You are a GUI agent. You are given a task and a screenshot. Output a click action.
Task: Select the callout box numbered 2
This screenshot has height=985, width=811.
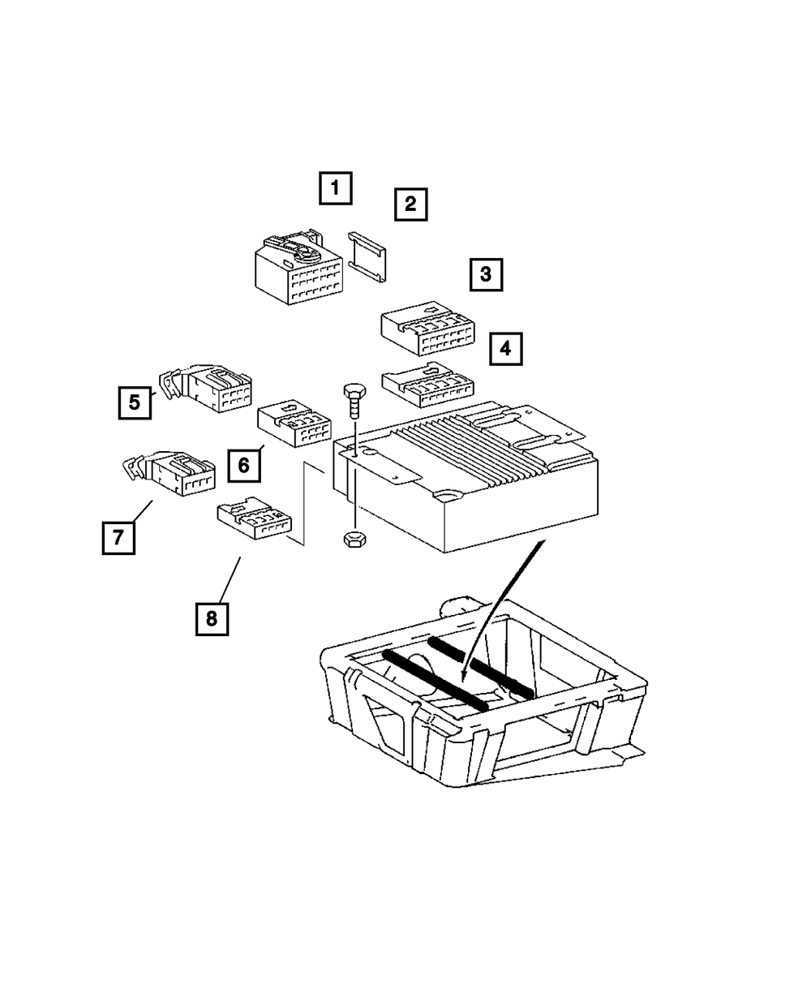pyautogui.click(x=410, y=204)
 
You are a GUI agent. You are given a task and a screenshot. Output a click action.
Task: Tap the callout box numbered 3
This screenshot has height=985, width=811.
pyautogui.click(x=485, y=274)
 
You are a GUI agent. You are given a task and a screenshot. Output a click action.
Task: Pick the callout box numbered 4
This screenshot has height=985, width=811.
pyautogui.click(x=505, y=350)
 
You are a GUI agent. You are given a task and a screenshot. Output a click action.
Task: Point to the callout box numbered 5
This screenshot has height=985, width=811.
pyautogui.click(x=135, y=401)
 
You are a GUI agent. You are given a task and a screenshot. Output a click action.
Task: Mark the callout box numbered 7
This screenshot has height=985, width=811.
pyautogui.click(x=118, y=537)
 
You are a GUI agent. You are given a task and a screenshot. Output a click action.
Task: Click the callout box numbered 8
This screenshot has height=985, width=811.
pyautogui.click(x=211, y=619)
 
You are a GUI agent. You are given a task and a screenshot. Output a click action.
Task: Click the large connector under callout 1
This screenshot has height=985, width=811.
pyautogui.click(x=297, y=271)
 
